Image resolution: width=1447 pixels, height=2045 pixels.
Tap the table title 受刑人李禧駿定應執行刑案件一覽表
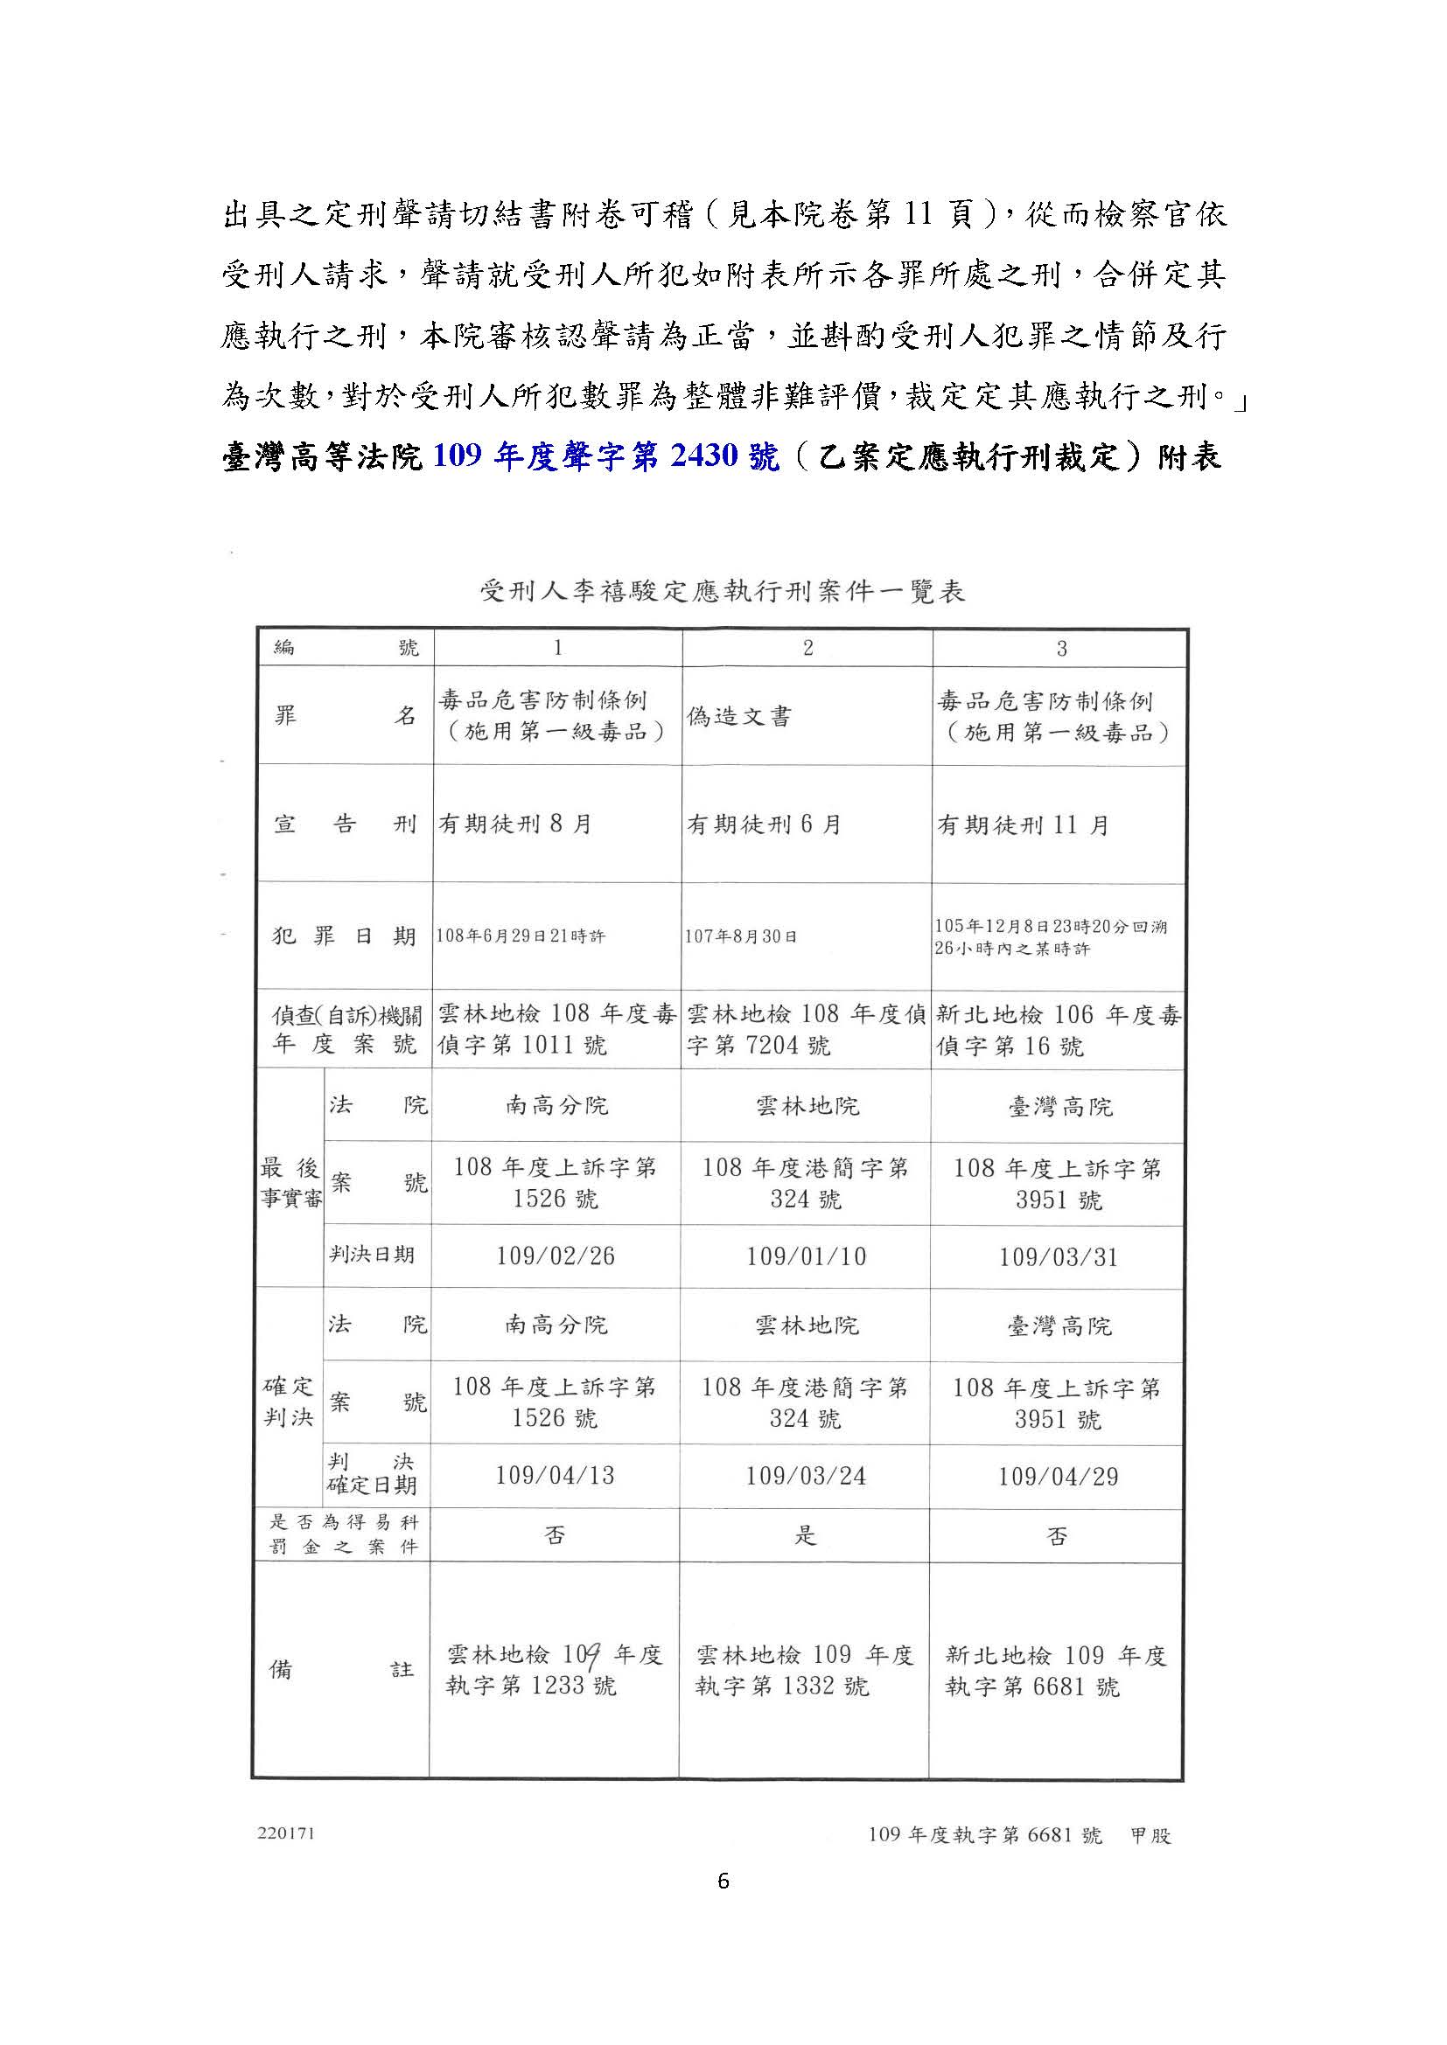723,591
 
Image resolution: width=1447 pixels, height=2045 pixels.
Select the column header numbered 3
1060,649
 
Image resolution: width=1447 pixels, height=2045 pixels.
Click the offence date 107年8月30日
740,936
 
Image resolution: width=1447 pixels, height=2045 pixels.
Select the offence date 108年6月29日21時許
521,936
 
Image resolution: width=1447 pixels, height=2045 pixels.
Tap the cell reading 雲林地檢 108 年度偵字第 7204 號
806,1029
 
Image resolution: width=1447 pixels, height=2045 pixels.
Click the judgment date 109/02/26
556,1256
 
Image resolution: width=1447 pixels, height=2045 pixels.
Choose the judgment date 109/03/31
1058,1256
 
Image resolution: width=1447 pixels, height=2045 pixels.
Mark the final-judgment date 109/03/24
806,1476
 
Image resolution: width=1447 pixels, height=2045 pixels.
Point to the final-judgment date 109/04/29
1058,1477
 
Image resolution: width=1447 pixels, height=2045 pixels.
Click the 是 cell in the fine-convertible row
806,1535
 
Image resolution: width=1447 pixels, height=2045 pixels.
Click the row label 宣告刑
344,824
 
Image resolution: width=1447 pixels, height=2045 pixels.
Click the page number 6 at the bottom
723,1882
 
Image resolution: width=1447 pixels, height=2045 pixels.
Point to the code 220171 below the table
286,1834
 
